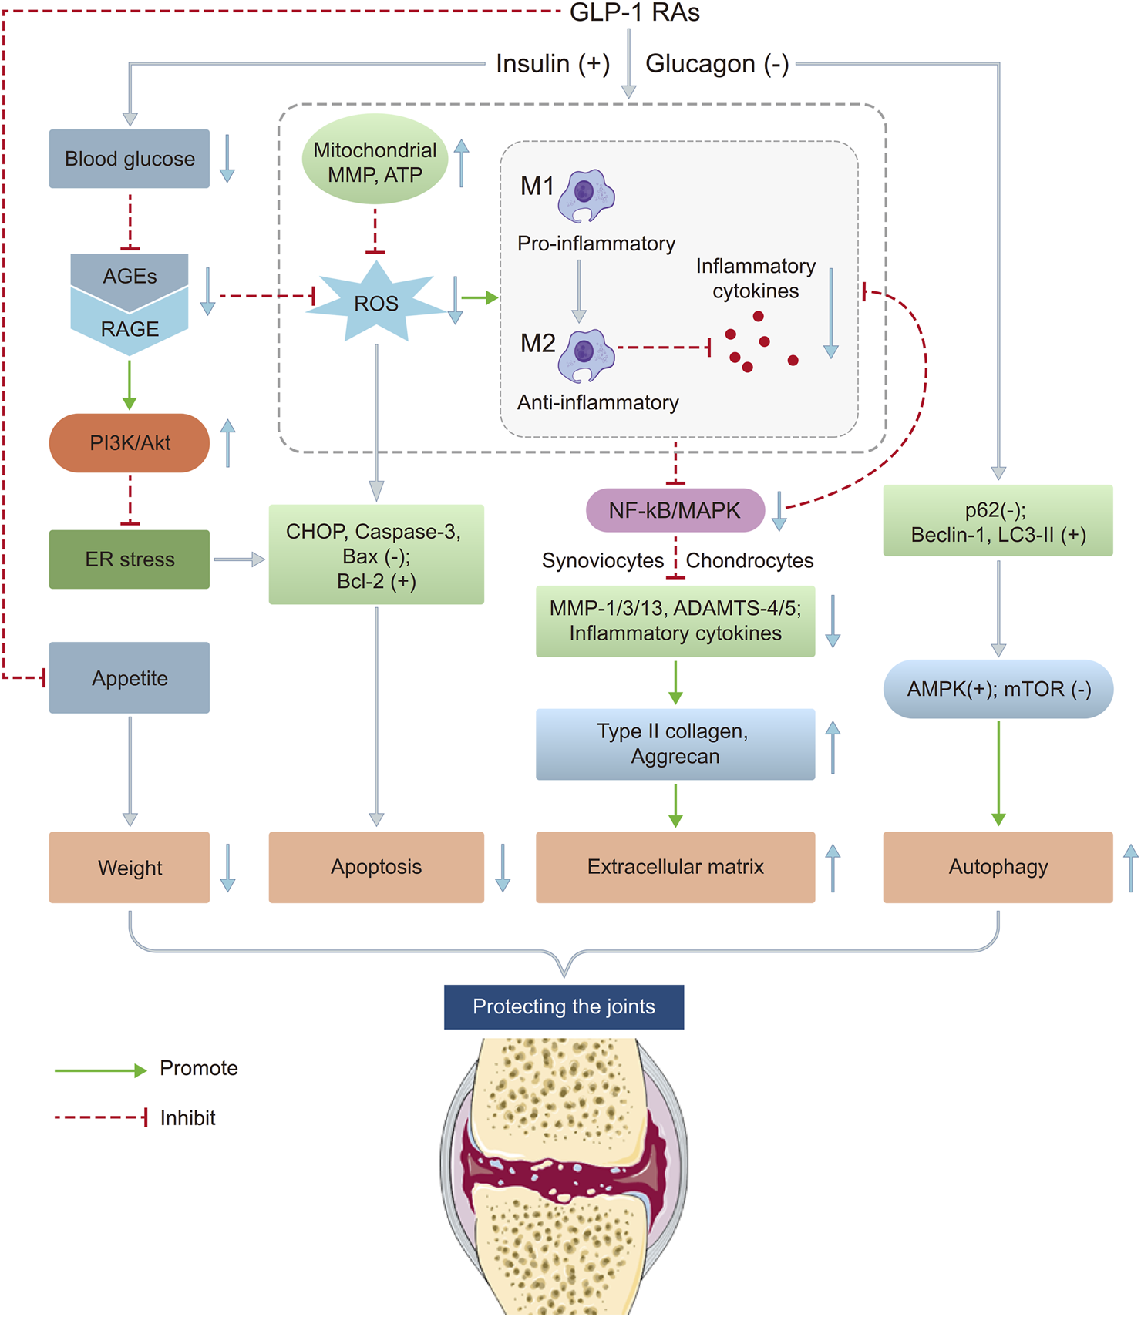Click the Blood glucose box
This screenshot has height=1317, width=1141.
pos(130,159)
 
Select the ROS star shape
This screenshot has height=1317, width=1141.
pos(376,303)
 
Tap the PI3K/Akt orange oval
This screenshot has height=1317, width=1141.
pos(130,443)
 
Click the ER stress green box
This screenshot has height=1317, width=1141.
pos(130,559)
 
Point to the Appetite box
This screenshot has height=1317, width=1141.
pos(130,678)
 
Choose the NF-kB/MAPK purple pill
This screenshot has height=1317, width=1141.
pos(675,510)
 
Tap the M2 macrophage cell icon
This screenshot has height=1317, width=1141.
pos(586,355)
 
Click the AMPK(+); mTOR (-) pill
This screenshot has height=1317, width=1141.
pos(998,689)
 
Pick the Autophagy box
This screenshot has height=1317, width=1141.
pos(998,867)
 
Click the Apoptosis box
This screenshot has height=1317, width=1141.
pos(376,867)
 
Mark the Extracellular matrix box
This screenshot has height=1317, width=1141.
pos(675,867)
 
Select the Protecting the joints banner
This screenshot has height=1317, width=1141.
pos(564,1006)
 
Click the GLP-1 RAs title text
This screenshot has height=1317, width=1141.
pos(634,13)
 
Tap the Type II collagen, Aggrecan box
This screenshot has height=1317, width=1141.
pos(675,744)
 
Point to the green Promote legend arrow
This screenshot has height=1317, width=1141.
pos(100,1070)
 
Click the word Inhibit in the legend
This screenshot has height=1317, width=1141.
pos(187,1118)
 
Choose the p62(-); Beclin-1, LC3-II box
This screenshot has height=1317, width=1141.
pos(998,521)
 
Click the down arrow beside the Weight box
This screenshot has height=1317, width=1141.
pos(228,868)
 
